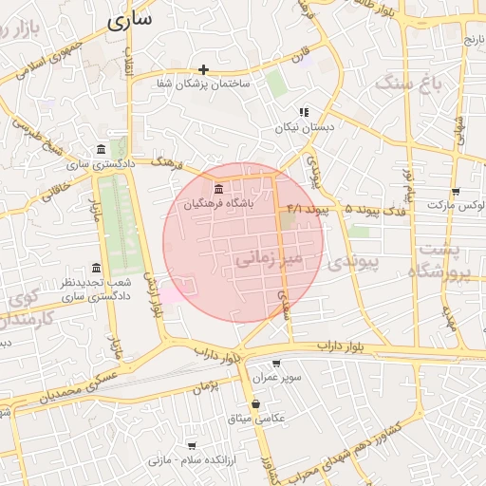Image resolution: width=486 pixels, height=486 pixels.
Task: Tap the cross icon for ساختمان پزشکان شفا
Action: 204,69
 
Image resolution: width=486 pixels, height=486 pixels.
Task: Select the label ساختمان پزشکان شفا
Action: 204,84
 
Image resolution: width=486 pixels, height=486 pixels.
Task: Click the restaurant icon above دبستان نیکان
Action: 304,112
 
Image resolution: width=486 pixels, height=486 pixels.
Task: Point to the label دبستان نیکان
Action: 300,126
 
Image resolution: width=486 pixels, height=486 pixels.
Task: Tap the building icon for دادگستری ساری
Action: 102,149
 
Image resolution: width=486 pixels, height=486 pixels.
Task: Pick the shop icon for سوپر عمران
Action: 276,364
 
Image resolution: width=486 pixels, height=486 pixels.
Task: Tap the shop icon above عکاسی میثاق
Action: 256,403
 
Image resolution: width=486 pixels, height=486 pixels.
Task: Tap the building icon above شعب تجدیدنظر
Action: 95,268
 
